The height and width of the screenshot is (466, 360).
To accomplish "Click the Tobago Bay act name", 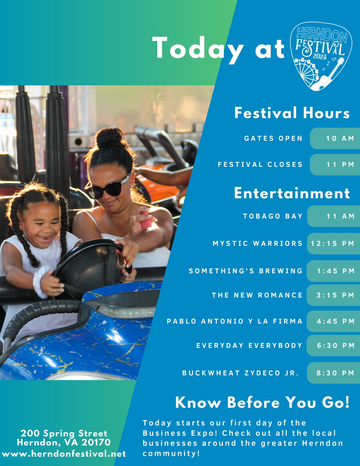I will (x=273, y=216).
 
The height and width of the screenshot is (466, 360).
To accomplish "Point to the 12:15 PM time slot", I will (x=333, y=244).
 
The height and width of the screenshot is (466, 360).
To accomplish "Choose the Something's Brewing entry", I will (x=245, y=271).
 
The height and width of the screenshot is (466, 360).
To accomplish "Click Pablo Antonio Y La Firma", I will (x=235, y=321).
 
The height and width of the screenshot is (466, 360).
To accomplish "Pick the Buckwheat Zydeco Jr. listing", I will (x=240, y=373).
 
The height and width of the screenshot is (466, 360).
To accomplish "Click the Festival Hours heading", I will (x=292, y=113).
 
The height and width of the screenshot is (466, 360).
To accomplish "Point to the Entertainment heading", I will (x=292, y=193).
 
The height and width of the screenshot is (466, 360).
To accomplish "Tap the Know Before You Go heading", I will (x=262, y=403).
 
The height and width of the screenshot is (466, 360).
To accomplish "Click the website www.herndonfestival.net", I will (x=64, y=454).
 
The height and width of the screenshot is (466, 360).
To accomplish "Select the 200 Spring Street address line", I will (x=64, y=433).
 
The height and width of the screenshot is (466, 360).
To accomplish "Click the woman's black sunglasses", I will (x=107, y=188).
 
